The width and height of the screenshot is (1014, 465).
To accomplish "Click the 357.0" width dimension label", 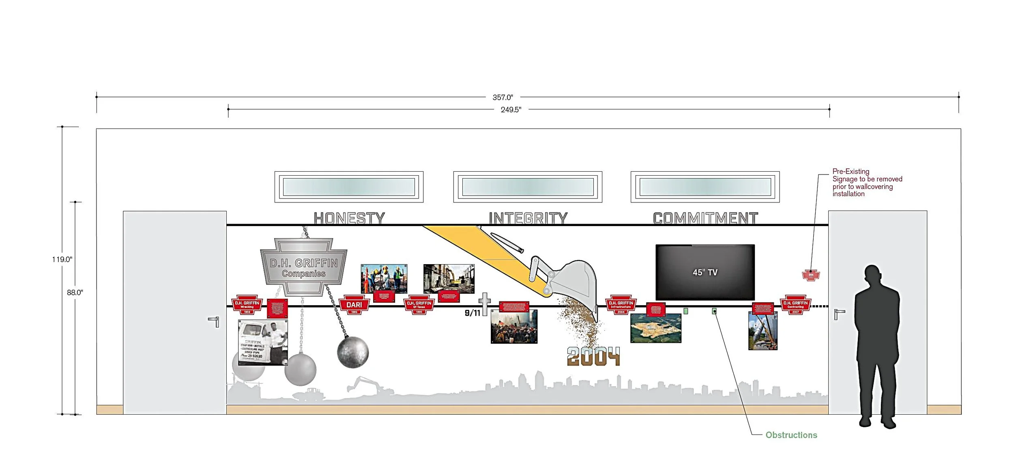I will point(503,97).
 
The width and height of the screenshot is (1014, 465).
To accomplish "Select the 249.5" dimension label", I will point(511,110).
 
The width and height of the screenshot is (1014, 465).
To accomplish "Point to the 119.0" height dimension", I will point(62,259).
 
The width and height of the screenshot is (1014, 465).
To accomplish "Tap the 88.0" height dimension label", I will point(75,293).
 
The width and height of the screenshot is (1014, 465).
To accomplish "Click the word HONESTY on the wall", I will point(349,218).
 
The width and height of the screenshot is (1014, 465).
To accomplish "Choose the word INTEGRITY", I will point(528,218).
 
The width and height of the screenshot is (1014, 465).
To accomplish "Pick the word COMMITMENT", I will point(705,218).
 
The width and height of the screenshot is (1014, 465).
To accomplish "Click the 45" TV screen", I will point(705,272).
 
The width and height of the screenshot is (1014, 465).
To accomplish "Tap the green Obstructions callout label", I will point(791,435).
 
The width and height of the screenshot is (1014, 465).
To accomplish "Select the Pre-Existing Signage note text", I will point(867,183).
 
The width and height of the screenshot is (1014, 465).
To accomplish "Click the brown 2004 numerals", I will point(593,357).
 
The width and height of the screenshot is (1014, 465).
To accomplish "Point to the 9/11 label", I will point(472,313).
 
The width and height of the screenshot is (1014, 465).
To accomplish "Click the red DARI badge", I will point(354,305).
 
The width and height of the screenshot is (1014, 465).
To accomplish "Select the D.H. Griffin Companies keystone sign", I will point(303,268).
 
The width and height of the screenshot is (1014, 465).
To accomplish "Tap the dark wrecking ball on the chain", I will point(353,352).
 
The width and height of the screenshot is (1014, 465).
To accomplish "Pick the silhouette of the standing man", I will point(877,345).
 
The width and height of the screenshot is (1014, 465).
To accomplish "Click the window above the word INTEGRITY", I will point(528,187).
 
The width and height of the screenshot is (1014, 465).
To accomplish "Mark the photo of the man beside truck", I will point(263,342).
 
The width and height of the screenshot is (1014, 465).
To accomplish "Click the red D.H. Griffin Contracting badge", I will point(795,305).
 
